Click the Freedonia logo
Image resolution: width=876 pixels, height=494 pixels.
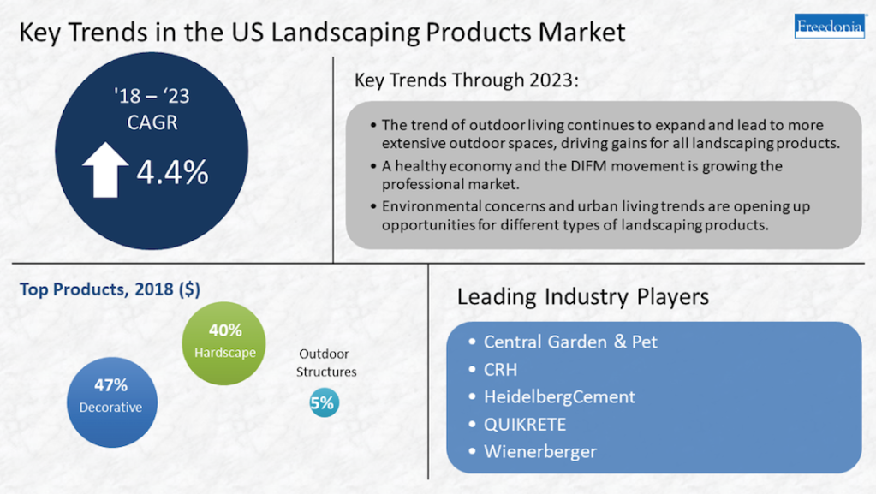coord(830,26)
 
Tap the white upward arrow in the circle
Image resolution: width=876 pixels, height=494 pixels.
coord(105,170)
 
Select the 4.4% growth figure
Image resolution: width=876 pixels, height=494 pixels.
coord(173,171)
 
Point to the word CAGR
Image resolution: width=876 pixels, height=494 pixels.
coord(152,122)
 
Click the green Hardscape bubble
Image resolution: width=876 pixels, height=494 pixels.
coord(223,343)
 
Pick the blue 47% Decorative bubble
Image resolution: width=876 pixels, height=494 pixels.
coord(111,402)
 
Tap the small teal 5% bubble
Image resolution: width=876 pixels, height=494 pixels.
coord(324,402)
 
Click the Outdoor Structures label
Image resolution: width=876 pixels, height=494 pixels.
coord(326,363)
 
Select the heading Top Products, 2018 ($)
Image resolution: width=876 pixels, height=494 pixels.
coord(110,289)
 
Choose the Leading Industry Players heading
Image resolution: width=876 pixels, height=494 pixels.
coord(582,296)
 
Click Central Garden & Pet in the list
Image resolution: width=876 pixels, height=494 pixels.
coord(570,342)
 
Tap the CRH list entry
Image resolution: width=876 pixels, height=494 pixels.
coord(501,369)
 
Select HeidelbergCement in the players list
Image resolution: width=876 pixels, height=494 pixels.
coord(559,396)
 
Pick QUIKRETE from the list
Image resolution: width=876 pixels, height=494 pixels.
coord(525,424)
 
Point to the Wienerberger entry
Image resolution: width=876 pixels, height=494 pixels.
coord(540,451)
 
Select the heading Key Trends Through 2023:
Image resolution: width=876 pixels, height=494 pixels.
coord(467,80)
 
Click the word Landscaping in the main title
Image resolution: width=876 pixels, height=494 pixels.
coord(345,33)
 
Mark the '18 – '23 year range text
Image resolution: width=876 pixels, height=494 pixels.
coord(152,96)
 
